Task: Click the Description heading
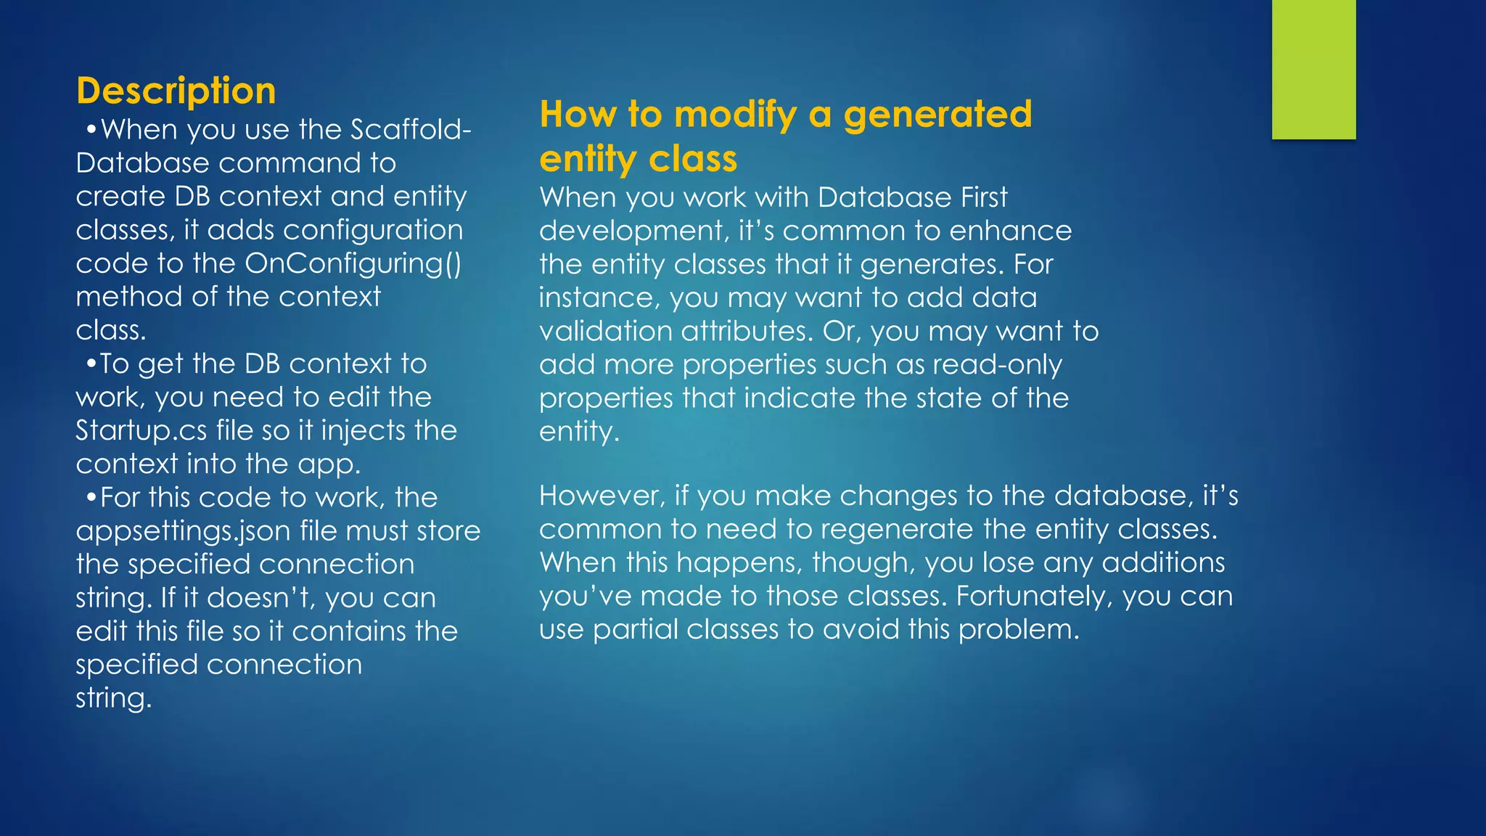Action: pos(176,91)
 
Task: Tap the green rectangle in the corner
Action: pos(1313,69)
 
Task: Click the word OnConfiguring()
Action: pos(353,263)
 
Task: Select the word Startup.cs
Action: pos(141,431)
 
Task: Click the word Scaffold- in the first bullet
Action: pos(411,130)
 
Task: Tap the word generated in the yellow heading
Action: pos(937,115)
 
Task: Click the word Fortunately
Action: pos(1034,597)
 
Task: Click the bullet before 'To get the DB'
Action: pos(91,364)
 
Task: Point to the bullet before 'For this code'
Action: pos(91,498)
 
